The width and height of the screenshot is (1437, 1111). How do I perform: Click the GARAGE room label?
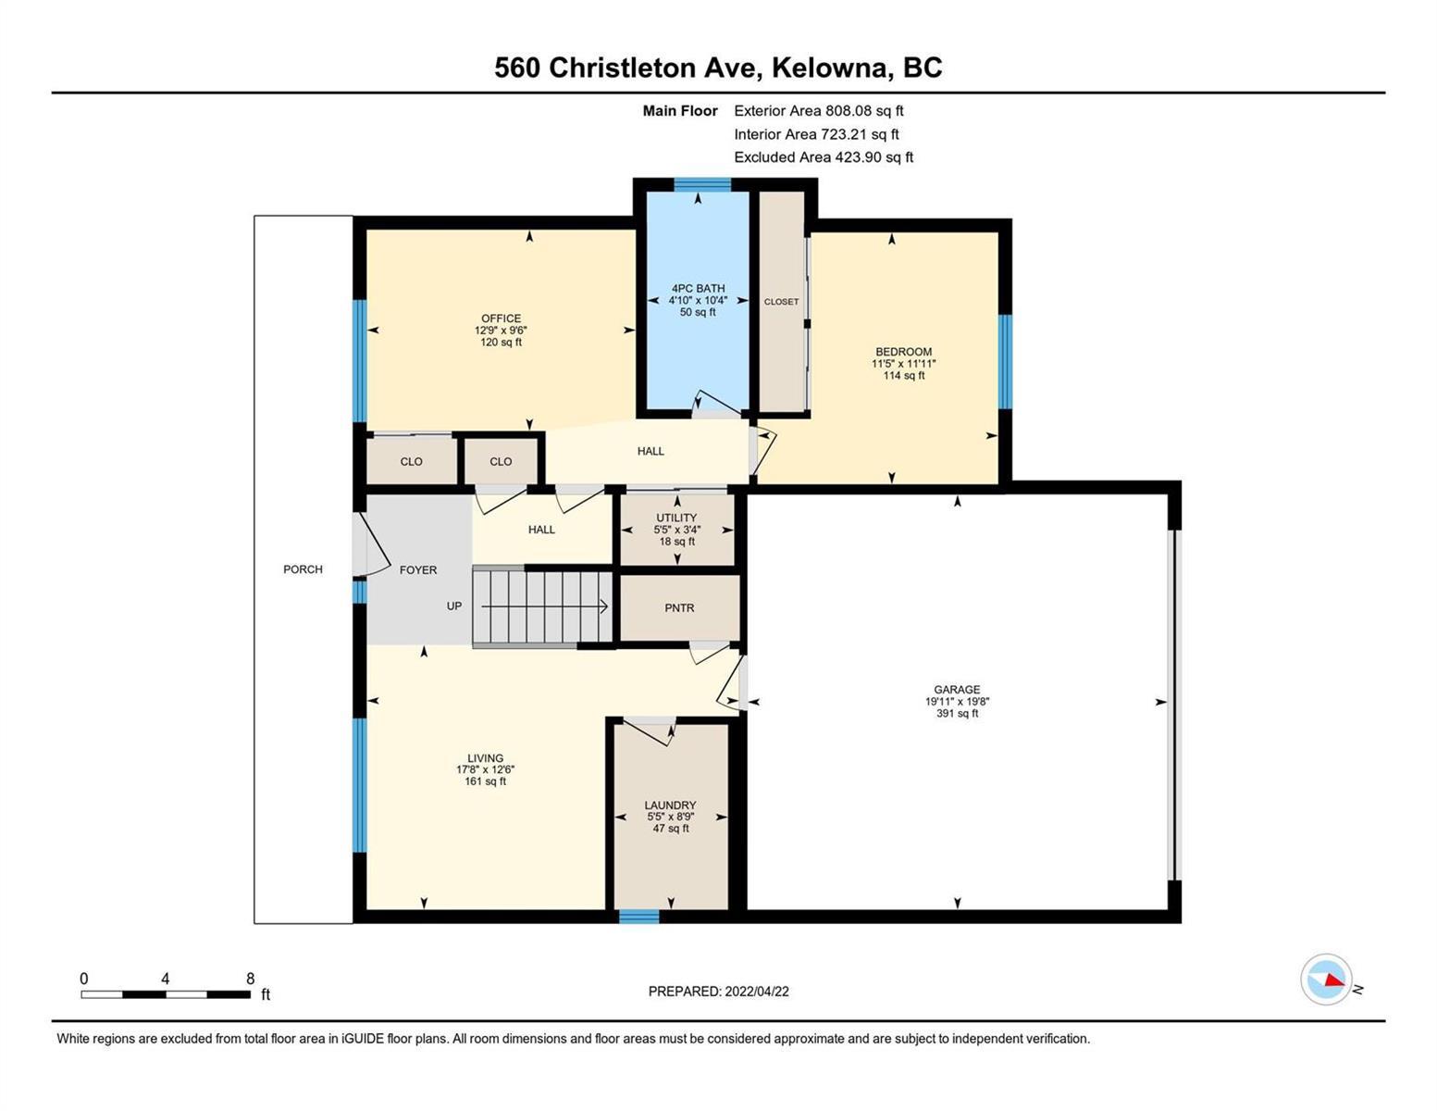point(956,689)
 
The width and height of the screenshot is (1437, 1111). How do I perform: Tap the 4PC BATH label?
point(698,288)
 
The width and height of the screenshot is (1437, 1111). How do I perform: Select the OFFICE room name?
point(501,318)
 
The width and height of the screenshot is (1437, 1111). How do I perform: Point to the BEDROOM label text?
point(903,352)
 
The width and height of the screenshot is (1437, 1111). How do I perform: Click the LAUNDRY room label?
point(670,805)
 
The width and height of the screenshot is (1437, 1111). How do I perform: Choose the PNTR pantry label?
point(679,607)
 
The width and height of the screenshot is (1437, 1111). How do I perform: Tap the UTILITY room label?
point(675,517)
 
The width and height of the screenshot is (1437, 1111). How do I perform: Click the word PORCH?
point(303,569)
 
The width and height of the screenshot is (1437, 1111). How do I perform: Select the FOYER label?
point(418,569)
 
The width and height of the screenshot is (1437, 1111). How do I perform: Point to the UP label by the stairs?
point(453,605)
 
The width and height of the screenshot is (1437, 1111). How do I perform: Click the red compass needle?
point(1334,980)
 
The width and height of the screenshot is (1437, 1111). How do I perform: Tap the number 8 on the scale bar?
point(250,978)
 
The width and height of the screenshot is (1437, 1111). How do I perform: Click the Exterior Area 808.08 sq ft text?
point(818,110)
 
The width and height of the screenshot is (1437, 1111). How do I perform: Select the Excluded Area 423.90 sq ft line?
point(824,156)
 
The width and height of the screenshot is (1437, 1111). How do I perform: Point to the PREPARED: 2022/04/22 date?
point(718,992)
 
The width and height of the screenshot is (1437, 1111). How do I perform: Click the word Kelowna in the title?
point(829,68)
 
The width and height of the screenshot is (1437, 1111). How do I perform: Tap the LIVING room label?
point(485,757)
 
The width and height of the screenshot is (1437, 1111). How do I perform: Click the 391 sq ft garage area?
point(956,713)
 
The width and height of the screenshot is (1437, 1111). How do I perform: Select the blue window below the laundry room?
point(638,916)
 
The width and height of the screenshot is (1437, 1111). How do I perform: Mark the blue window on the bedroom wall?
point(1005,361)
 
